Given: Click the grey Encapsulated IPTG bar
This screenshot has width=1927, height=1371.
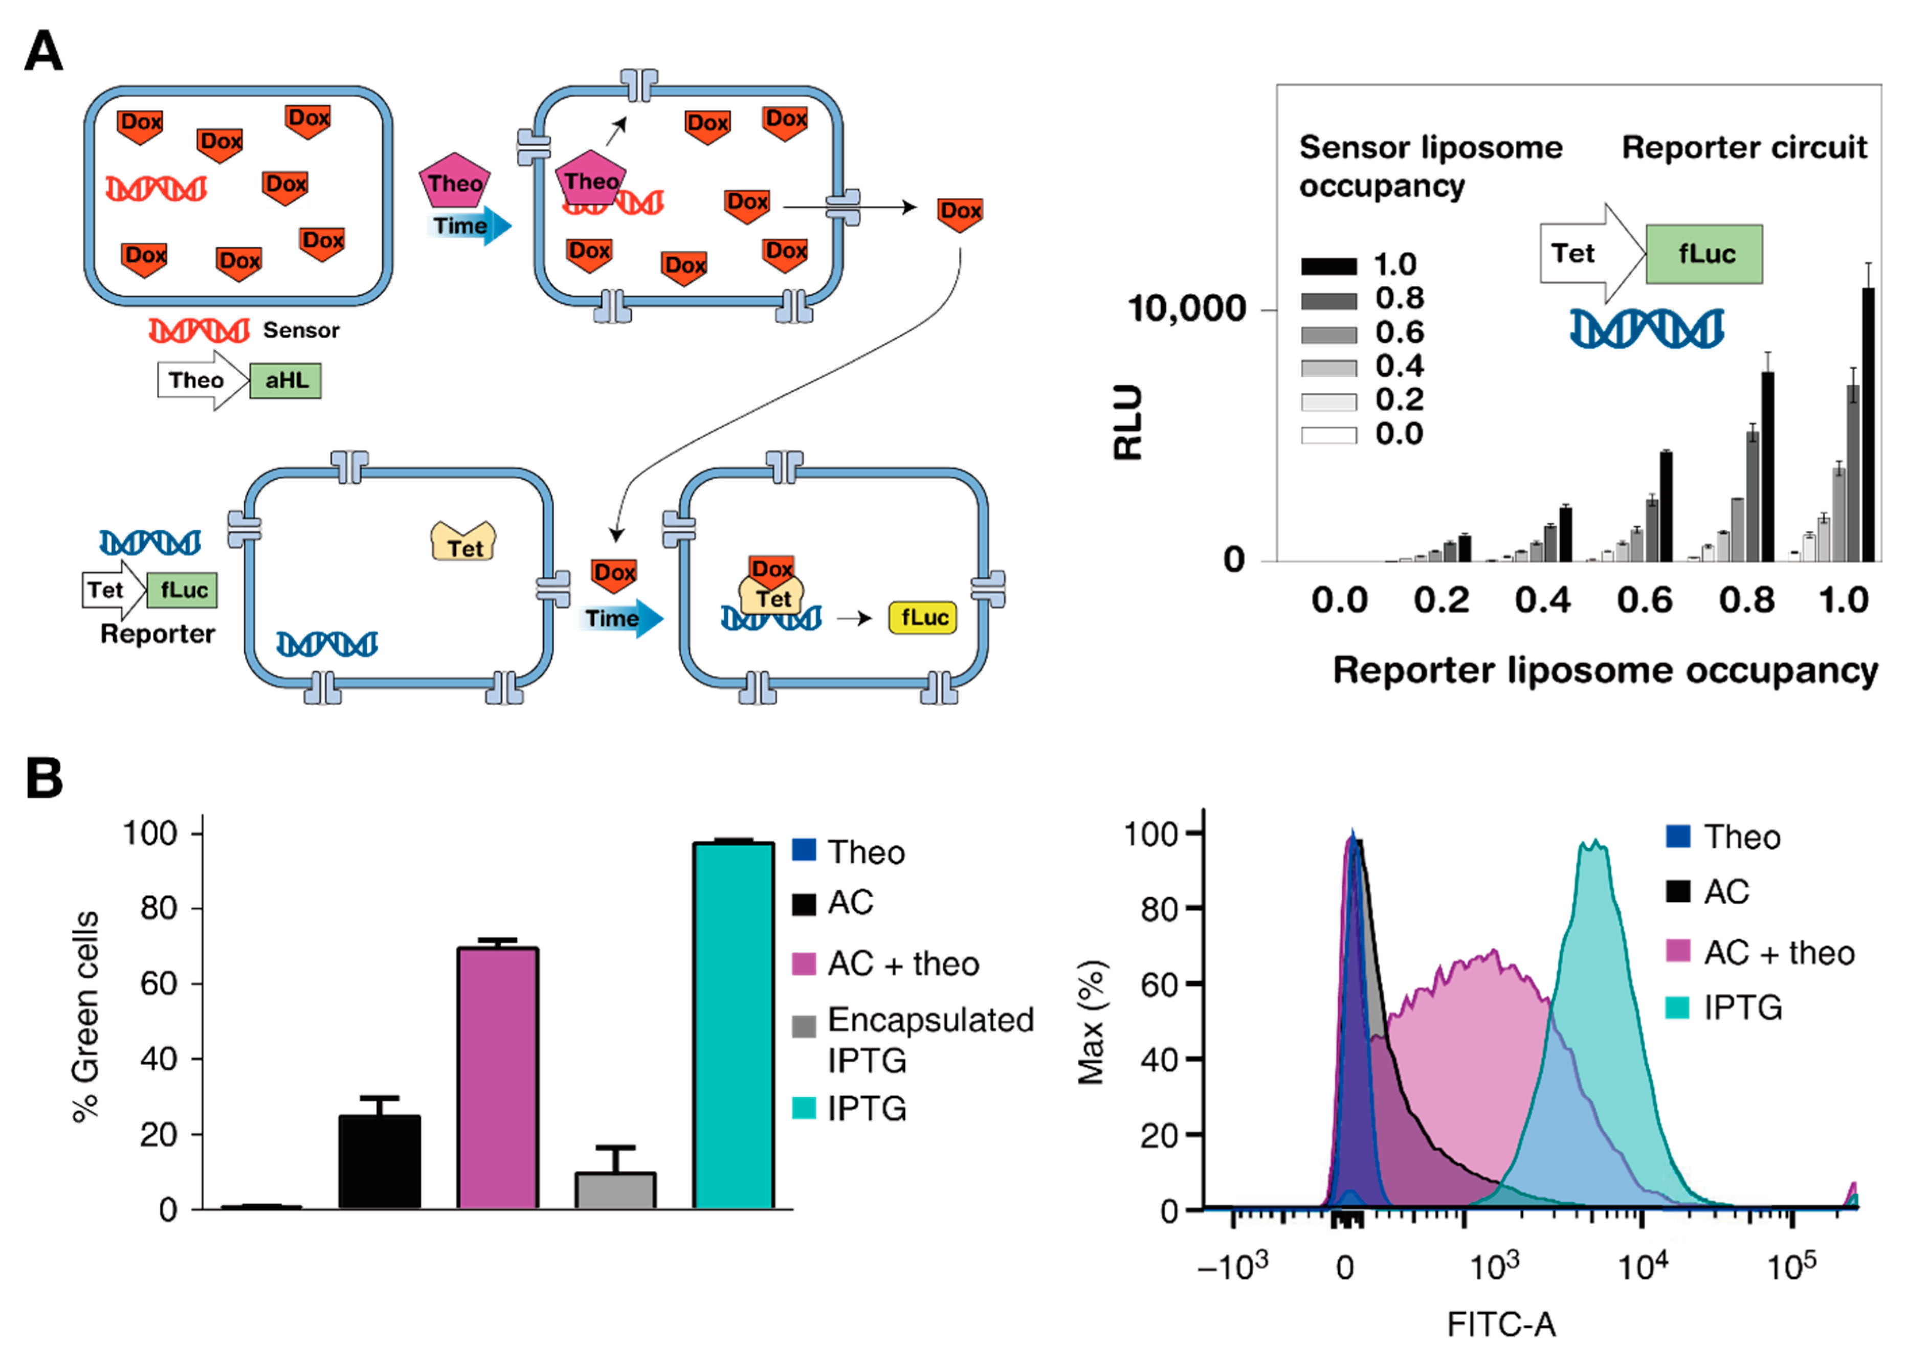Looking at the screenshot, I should pos(615,1190).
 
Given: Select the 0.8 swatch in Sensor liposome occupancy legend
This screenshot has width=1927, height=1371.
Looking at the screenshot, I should pos(1328,301).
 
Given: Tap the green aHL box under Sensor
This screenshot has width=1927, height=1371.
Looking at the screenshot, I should pos(285,381).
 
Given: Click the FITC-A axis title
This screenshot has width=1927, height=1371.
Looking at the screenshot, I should pos(1500,1324).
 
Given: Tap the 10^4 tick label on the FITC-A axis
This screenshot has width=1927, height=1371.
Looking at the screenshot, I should pos(1643,1266).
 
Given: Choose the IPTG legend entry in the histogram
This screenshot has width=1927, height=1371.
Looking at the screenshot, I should pos(1741,1007).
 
